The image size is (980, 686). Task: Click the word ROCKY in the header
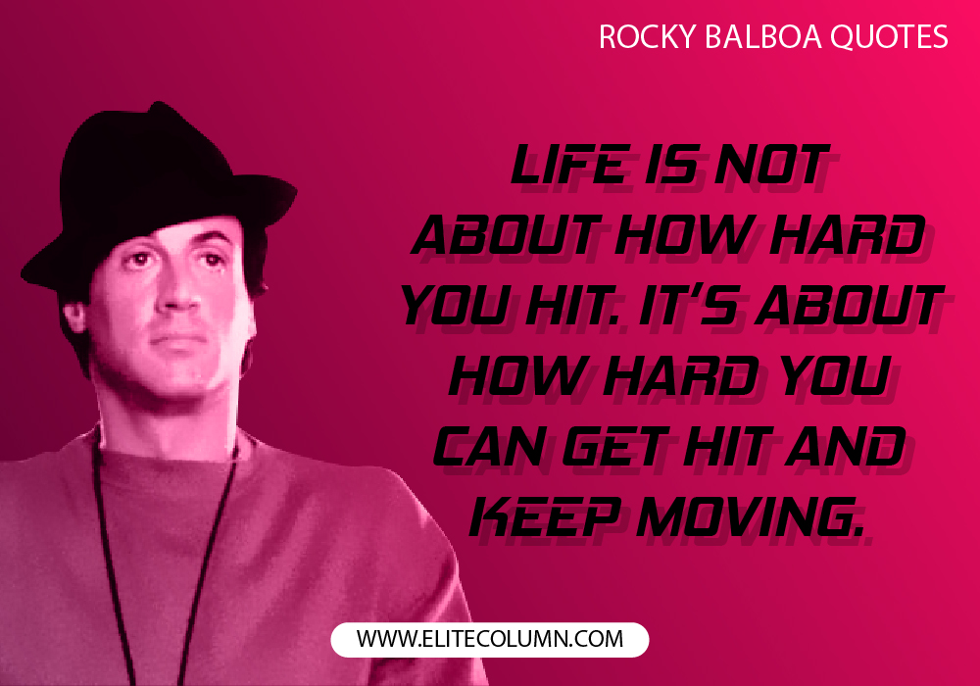[x=647, y=37]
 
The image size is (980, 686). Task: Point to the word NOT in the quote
[x=772, y=165]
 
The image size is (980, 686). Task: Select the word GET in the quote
[x=616, y=447]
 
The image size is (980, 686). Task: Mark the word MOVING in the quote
[x=750, y=517]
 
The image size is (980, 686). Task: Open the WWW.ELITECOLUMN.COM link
[x=490, y=639]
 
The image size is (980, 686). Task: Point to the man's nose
[x=179, y=295]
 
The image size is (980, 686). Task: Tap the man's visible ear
[x=73, y=316]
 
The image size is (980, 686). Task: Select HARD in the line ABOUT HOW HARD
[x=847, y=234]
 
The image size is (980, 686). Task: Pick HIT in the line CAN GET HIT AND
[x=729, y=447]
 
